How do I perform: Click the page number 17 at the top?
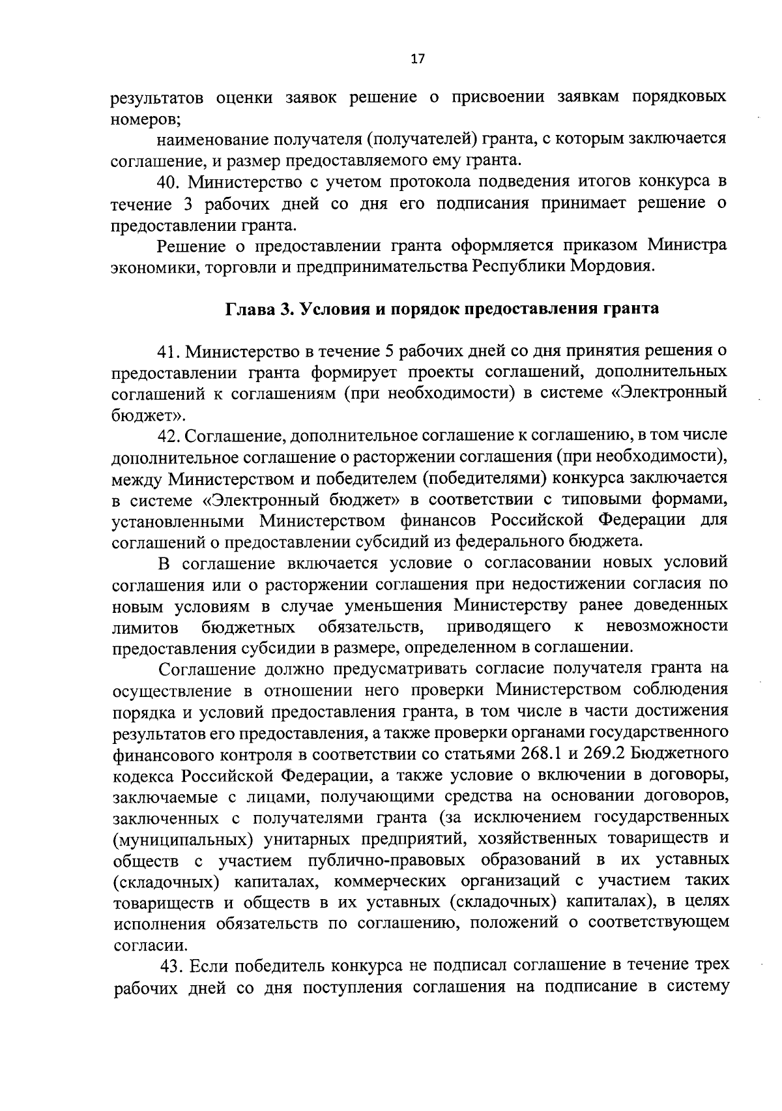point(418,59)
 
